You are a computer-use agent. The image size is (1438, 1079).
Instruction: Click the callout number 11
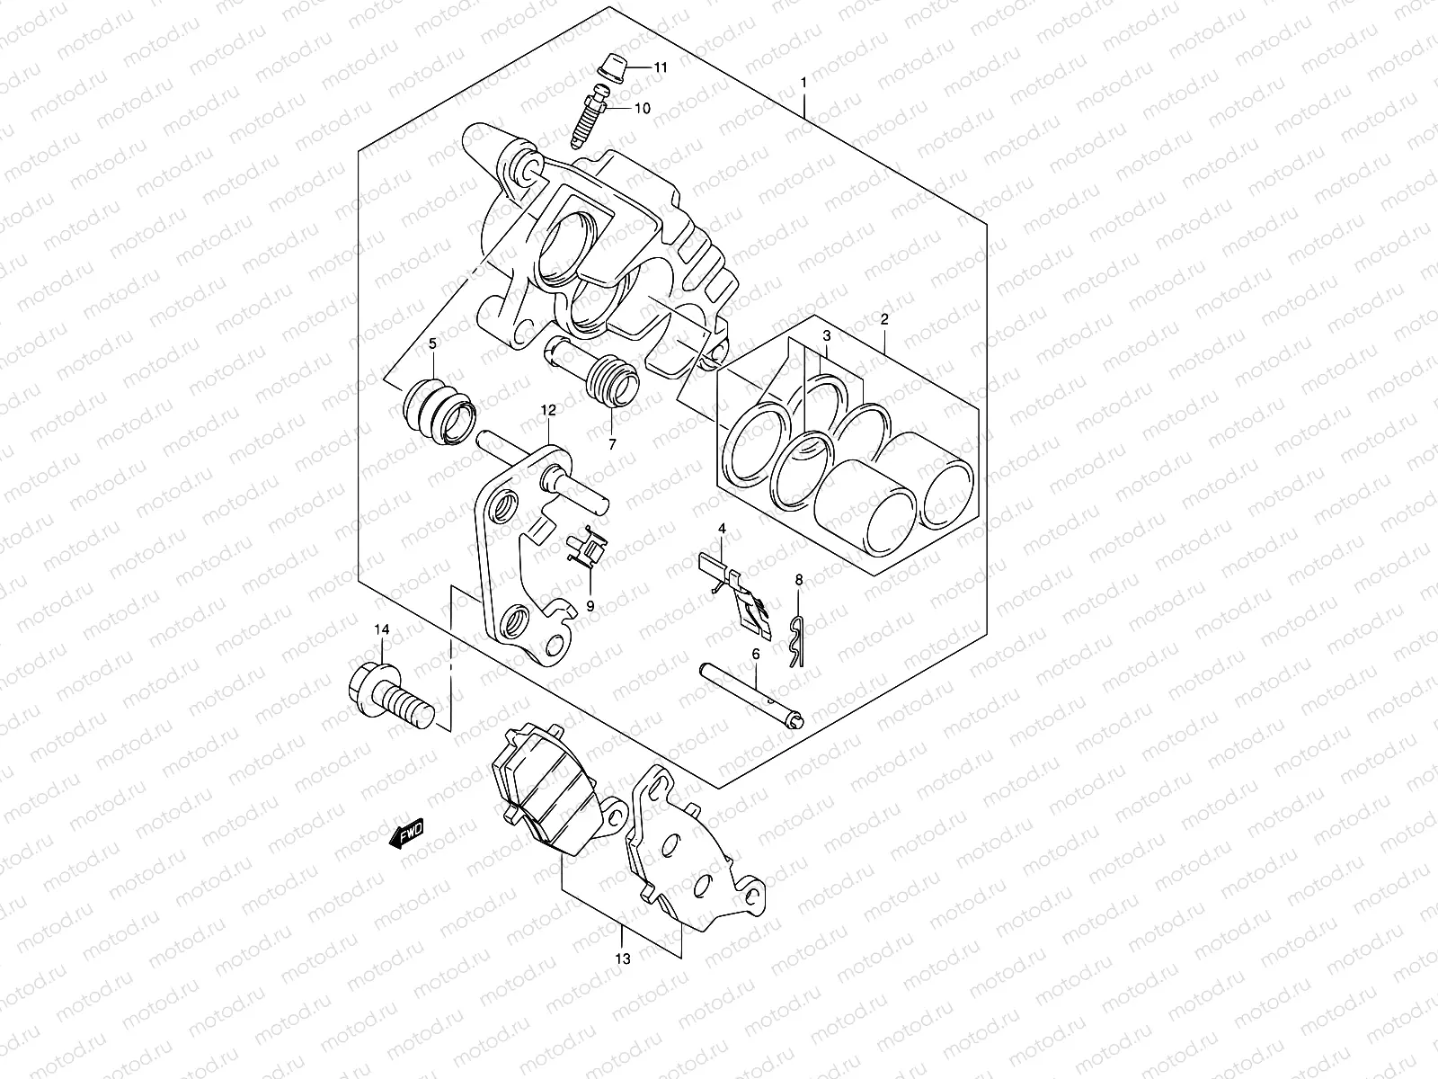point(661,68)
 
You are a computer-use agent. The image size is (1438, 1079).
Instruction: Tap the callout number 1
point(803,83)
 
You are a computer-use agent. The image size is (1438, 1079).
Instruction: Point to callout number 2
point(884,319)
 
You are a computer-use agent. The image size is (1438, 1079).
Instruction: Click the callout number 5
point(432,343)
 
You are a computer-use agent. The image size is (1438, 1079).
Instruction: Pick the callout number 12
point(548,410)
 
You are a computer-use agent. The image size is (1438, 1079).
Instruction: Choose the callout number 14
point(382,630)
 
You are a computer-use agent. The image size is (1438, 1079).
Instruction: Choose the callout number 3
point(825,335)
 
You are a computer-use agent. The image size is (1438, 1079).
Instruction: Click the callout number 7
point(612,444)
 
